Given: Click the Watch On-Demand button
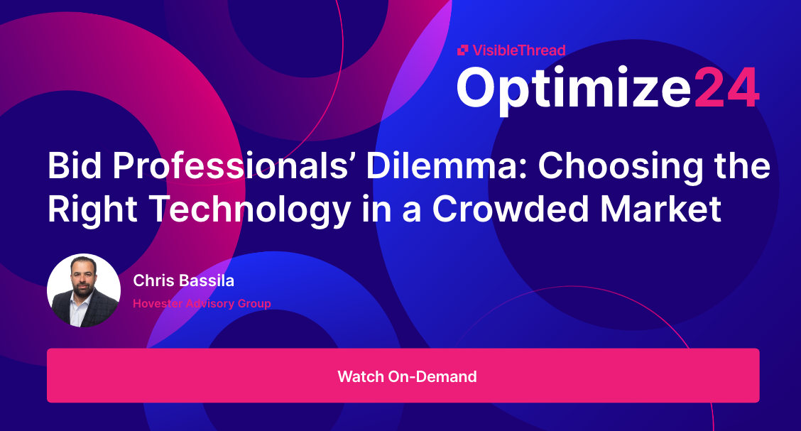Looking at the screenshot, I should [403, 376].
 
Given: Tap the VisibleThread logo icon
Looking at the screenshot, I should [462, 50].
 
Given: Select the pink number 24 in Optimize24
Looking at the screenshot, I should [726, 88].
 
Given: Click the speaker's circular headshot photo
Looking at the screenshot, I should [84, 291].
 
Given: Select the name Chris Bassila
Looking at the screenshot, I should [183, 281].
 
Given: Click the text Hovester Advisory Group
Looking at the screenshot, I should [202, 304].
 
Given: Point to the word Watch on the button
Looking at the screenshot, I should [361, 376].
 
